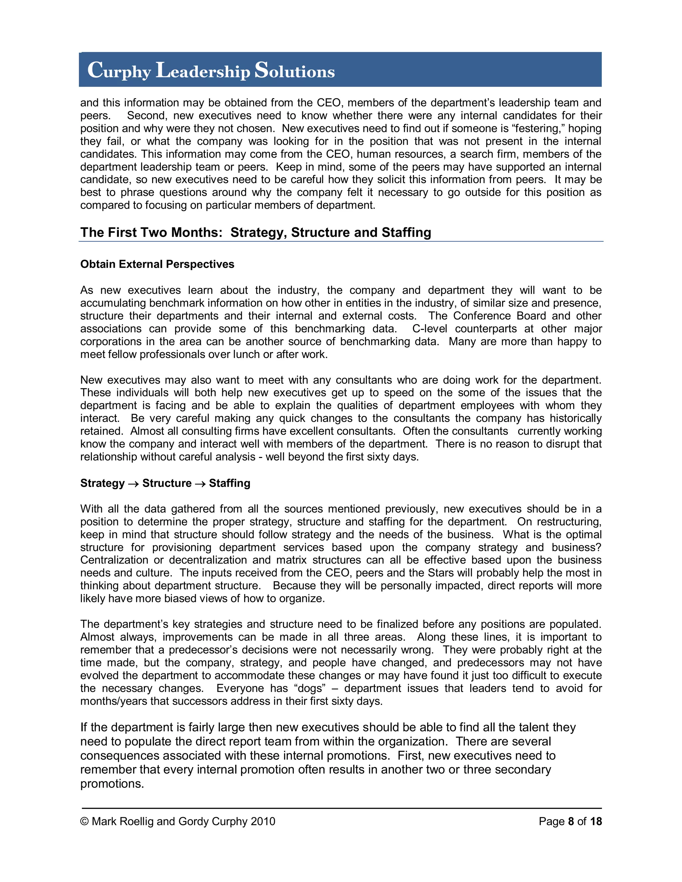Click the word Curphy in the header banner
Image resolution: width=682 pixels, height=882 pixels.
pos(119,71)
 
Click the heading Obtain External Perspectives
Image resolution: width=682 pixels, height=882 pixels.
pos(157,264)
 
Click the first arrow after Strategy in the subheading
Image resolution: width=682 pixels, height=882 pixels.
pos(133,484)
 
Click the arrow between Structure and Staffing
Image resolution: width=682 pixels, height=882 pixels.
pos(200,484)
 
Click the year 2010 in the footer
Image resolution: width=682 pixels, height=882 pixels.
pos(263,821)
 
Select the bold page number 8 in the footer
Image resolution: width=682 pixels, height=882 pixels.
pos(571,821)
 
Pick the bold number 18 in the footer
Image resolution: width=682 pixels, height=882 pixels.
pos(595,821)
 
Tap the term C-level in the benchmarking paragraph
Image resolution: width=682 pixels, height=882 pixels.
pos(430,329)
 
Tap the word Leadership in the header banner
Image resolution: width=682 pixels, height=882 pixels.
pos(203,71)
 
